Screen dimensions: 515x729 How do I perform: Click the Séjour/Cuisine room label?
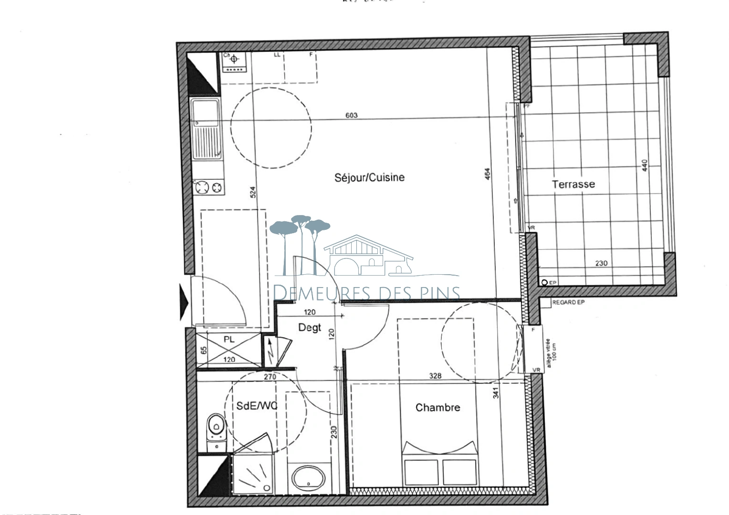[369, 177]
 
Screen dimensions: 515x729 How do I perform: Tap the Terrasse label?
[573, 184]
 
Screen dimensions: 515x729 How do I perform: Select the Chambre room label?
[437, 407]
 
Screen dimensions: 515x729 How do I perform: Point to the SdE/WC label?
[257, 406]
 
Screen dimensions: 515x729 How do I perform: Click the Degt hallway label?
[310, 328]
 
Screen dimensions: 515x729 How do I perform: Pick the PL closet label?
[229, 340]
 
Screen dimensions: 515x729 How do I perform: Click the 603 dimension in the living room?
[351, 115]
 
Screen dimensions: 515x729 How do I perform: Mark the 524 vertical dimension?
[253, 192]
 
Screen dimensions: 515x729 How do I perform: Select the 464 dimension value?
[487, 175]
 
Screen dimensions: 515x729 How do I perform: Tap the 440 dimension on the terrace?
[645, 165]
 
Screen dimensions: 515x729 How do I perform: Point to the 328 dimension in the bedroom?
[435, 376]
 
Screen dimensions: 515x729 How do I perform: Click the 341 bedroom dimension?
[496, 393]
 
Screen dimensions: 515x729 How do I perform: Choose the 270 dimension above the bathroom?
[270, 376]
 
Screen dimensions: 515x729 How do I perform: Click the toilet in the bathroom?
[216, 432]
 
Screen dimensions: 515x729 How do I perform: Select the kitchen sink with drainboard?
[206, 129]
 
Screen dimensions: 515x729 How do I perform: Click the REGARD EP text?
[568, 303]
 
